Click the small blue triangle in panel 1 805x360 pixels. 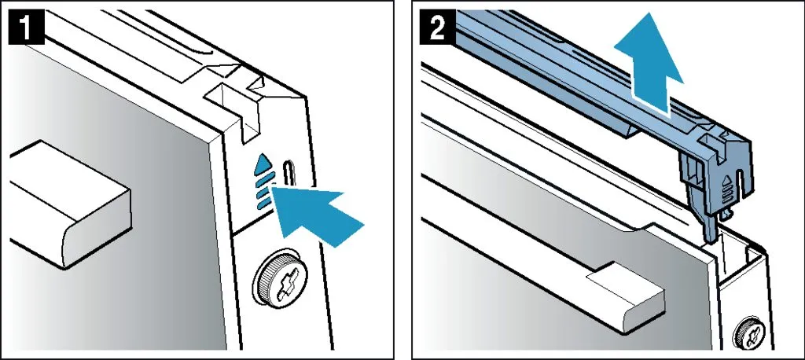tap(263, 162)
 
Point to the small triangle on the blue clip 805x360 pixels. tap(726, 182)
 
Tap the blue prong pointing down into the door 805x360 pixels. tap(709, 226)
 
